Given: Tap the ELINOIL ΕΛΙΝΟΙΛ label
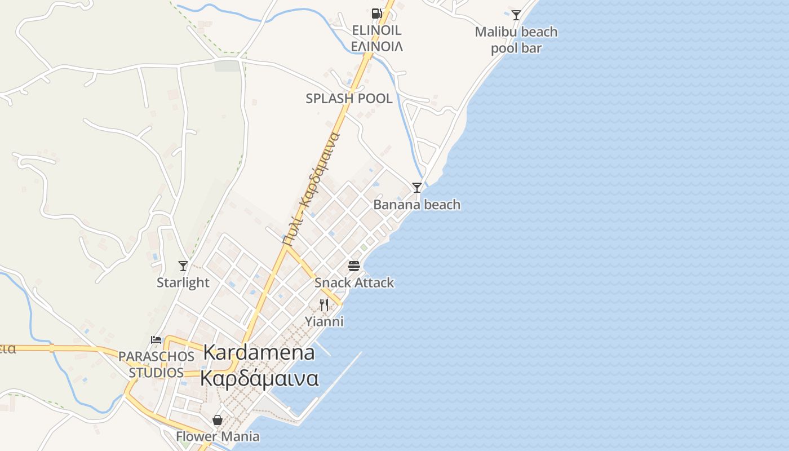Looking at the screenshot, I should click(x=376, y=38).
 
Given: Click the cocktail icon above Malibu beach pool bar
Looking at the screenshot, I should click(x=516, y=15).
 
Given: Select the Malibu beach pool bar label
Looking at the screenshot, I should click(x=516, y=40).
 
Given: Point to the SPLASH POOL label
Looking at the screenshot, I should click(x=349, y=99).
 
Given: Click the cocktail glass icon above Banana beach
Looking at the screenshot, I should click(x=417, y=188).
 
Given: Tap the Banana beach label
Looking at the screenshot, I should click(x=417, y=205).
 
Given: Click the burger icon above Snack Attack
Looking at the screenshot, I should click(x=354, y=266).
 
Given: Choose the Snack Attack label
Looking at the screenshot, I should click(x=354, y=283).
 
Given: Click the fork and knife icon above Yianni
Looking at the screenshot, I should click(x=324, y=305).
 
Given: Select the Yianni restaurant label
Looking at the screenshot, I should click(x=324, y=322).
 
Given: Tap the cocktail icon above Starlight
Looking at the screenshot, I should click(x=183, y=266).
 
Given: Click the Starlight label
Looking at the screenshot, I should click(x=183, y=283).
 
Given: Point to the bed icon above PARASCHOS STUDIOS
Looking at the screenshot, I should click(x=156, y=340).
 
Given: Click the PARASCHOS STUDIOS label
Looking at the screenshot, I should click(x=156, y=365).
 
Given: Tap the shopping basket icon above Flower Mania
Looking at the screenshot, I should click(x=218, y=420).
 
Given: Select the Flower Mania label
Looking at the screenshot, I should click(x=218, y=437).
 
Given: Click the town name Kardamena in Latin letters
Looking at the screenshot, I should click(x=259, y=353).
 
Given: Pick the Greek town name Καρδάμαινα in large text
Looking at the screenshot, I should click(x=259, y=378).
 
